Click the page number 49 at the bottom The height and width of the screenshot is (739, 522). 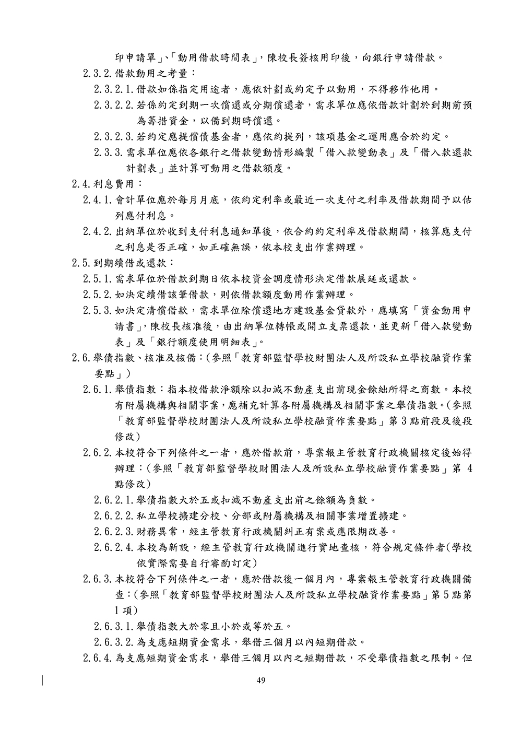[x=262, y=680]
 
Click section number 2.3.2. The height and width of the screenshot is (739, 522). [x=98, y=73]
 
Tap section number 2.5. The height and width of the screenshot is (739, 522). [x=81, y=262]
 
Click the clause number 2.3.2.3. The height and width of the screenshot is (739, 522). [x=114, y=137]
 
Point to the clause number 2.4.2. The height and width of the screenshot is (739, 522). [x=98, y=231]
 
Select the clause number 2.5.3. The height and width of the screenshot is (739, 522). [x=98, y=311]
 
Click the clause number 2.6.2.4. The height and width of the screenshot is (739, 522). [x=114, y=547]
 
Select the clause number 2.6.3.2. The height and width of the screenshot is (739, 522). [x=114, y=642]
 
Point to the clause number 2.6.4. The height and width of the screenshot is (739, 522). [x=98, y=658]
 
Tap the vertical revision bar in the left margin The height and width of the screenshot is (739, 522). [x=42, y=681]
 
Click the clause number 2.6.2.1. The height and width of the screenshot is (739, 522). [x=114, y=500]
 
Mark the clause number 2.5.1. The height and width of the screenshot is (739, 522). [x=98, y=278]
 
